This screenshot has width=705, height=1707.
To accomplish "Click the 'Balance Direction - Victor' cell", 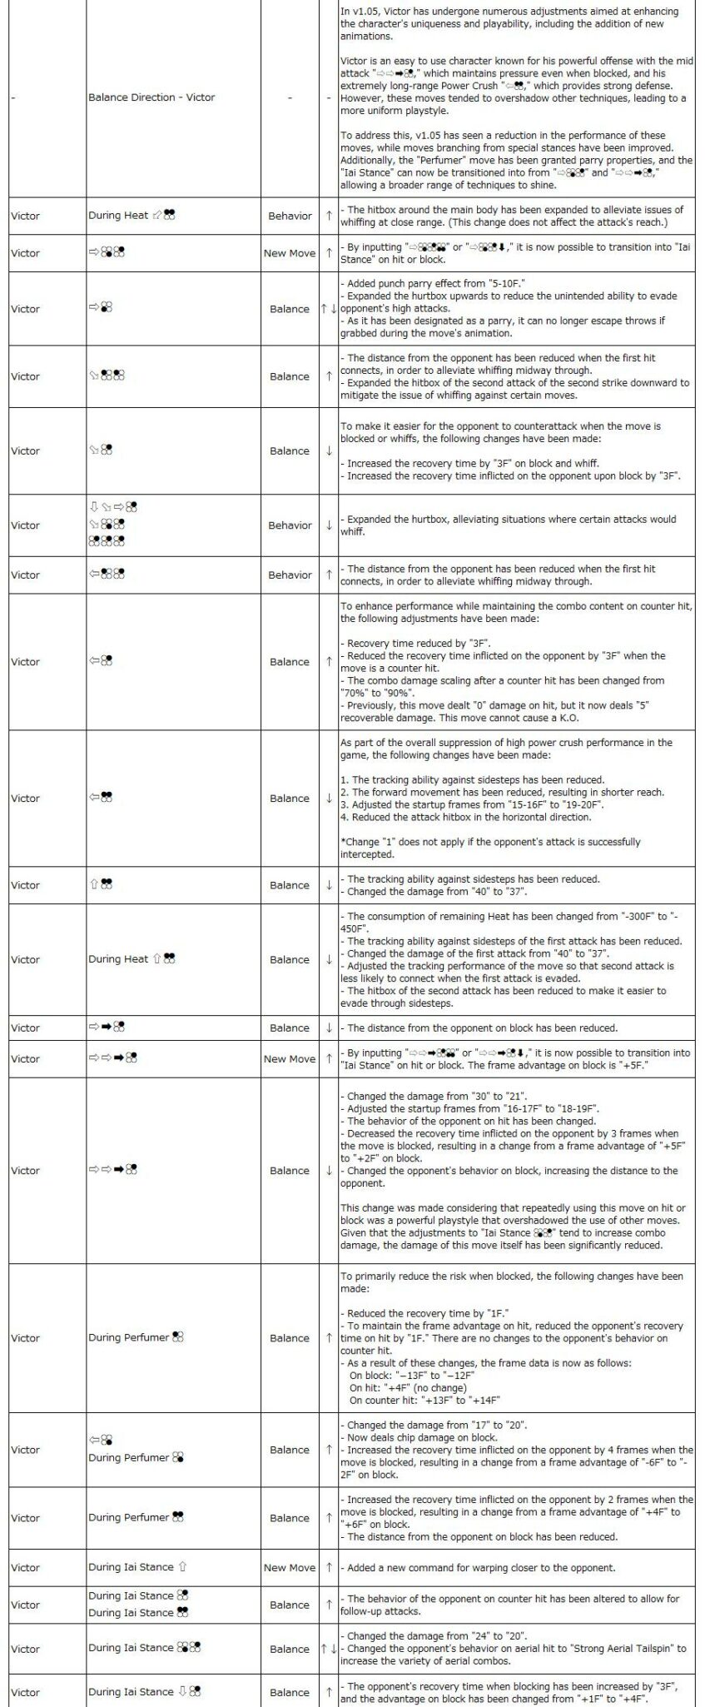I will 151,97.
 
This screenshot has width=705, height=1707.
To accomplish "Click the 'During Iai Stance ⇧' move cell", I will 138,1567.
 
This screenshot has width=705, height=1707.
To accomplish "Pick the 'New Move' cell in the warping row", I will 290,1567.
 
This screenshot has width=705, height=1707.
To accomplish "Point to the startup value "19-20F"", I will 580,805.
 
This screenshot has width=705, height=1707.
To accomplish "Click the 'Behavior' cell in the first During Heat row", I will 290,216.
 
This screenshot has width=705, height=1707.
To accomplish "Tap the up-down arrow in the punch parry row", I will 329,309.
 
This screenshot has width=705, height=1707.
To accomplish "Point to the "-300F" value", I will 596,917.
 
